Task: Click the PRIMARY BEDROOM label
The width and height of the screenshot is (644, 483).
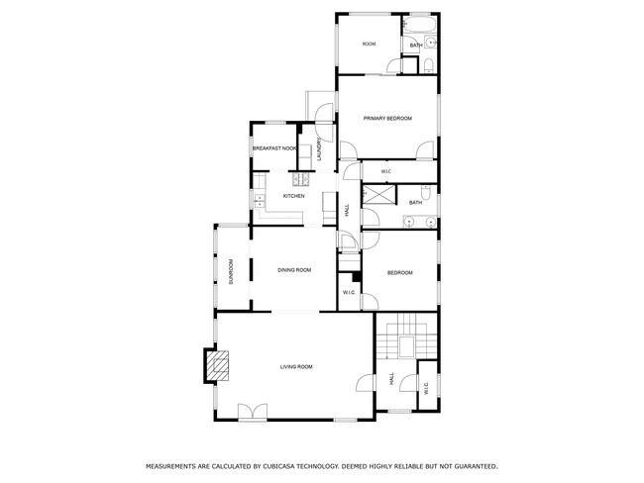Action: tap(386, 119)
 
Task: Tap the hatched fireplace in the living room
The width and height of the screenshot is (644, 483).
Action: tap(218, 366)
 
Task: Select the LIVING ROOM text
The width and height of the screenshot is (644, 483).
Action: tap(295, 367)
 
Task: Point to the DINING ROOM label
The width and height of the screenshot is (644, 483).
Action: tap(294, 270)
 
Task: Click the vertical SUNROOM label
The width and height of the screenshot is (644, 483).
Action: tap(232, 271)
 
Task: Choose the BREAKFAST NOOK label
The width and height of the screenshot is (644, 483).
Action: tap(274, 148)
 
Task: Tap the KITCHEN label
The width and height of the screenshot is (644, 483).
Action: tap(293, 196)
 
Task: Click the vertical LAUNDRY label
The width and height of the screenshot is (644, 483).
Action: tap(320, 148)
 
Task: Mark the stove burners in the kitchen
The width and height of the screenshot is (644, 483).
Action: tap(297, 179)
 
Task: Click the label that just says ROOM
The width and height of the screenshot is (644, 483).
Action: tap(369, 45)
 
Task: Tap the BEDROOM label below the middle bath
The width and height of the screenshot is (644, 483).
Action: tap(399, 272)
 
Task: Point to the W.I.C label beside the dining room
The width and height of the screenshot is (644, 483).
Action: tap(349, 292)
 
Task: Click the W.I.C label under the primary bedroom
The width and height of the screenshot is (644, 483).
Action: tap(386, 172)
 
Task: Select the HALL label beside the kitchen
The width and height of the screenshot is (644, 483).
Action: tap(347, 211)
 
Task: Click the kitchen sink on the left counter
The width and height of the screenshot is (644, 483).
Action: tap(259, 199)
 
